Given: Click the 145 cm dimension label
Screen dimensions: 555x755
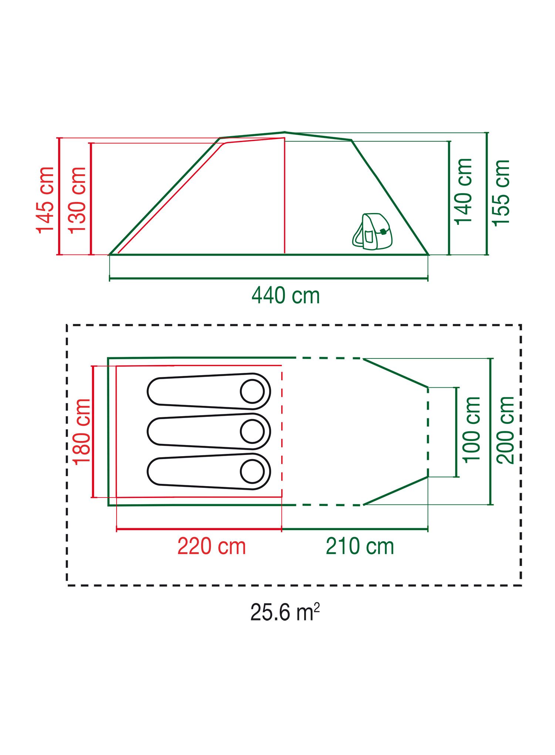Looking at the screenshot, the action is click(45, 200).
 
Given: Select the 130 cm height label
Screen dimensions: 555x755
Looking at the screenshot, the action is click(77, 200).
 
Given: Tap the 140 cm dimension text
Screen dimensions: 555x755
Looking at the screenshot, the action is click(464, 192).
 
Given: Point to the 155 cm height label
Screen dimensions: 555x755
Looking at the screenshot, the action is click(501, 193).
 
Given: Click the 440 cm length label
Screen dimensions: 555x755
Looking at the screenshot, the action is click(286, 296).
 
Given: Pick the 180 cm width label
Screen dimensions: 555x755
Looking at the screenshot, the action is click(81, 431).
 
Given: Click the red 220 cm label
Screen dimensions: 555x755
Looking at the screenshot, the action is click(212, 546).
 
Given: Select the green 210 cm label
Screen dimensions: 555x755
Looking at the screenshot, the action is click(360, 546).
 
